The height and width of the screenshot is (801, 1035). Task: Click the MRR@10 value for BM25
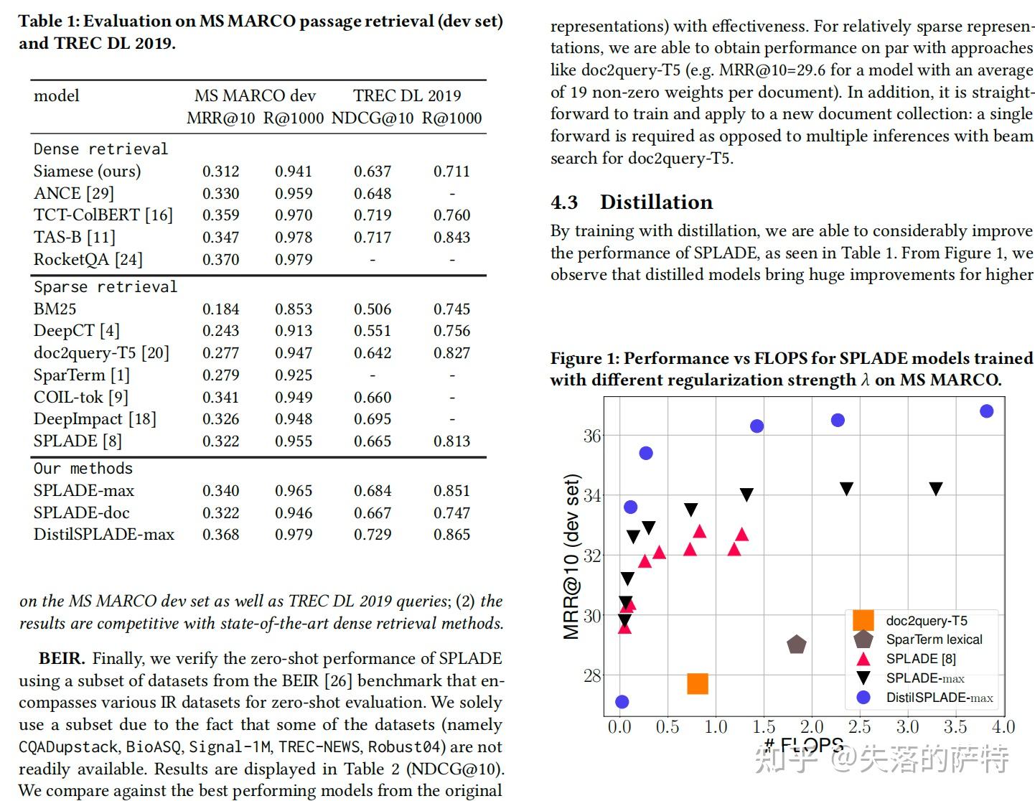tap(220, 309)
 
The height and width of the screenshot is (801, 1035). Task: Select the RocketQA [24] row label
tap(88, 259)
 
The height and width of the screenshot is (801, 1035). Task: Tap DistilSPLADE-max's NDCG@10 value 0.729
tap(373, 535)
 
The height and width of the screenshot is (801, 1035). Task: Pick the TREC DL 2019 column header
tap(407, 95)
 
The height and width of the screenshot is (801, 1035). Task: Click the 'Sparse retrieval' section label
tap(105, 287)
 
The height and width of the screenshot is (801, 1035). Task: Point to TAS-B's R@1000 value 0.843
tap(451, 238)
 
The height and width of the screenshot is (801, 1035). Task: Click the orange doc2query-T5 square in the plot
tap(698, 683)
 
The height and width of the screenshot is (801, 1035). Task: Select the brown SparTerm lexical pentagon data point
tap(796, 645)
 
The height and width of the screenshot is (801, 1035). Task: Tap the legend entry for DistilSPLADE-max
tap(938, 697)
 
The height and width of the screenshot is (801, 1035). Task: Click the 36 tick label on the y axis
tap(592, 436)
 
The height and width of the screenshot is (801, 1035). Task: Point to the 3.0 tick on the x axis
tap(907, 727)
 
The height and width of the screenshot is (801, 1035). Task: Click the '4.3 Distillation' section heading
tap(632, 202)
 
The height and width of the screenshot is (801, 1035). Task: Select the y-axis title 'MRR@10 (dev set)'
tap(571, 556)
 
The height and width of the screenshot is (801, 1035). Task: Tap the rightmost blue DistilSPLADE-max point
tap(986, 411)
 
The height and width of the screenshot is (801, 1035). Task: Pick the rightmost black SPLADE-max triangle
tap(935, 489)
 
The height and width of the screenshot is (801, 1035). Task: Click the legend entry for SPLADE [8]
tap(920, 659)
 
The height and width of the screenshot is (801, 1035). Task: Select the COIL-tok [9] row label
tap(80, 398)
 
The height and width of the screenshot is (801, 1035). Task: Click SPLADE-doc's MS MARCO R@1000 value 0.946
tap(294, 513)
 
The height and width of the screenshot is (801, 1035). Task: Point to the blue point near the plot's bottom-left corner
tap(622, 702)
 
